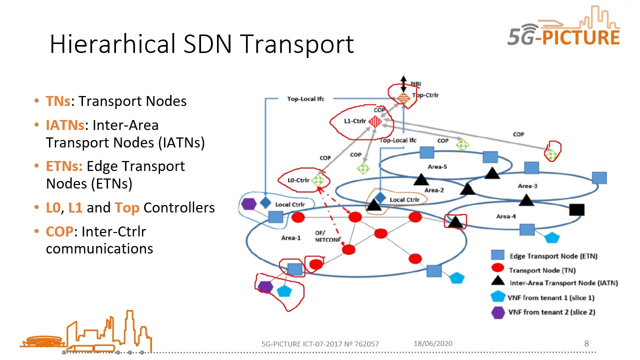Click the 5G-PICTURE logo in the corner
click(564, 30)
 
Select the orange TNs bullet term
click(57, 101)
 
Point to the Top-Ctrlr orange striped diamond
click(403, 98)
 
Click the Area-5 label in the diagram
click(437, 166)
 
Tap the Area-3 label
click(527, 186)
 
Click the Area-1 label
click(290, 237)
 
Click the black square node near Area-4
click(576, 210)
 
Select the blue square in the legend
click(497, 255)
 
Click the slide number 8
click(586, 343)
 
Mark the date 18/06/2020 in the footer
click(433, 343)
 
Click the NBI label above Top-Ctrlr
click(416, 83)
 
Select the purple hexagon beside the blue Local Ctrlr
click(248, 204)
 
